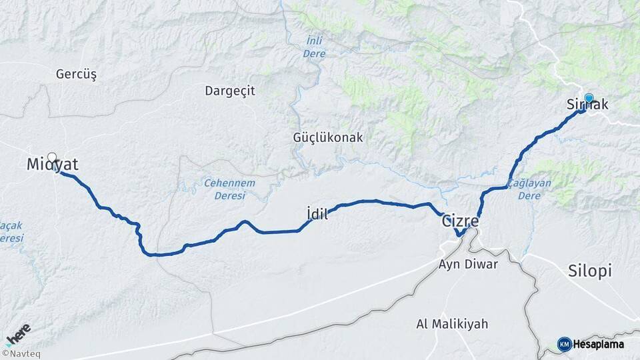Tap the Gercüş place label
[77, 75]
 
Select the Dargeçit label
[230, 91]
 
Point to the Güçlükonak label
[328, 137]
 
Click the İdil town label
[317, 214]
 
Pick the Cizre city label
[460, 221]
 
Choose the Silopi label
[590, 270]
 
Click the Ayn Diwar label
[468, 263]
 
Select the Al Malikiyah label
[452, 324]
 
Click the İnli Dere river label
[313, 47]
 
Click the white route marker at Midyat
[52, 157]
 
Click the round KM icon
[564, 344]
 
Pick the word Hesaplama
[599, 344]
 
